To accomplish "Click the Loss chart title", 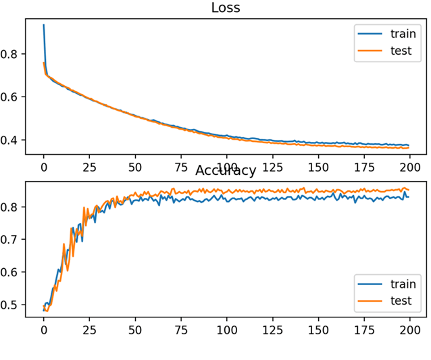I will tap(226, 8).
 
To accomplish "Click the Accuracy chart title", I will tap(226, 170).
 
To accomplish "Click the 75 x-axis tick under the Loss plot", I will tap(180, 166).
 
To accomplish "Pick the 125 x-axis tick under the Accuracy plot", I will tap(272, 330).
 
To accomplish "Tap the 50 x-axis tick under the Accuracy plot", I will tap(135, 330).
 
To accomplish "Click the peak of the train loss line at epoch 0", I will tap(44, 25).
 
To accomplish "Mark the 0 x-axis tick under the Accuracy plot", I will tap(44, 330).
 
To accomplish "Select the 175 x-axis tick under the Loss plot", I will tap(363, 166).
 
